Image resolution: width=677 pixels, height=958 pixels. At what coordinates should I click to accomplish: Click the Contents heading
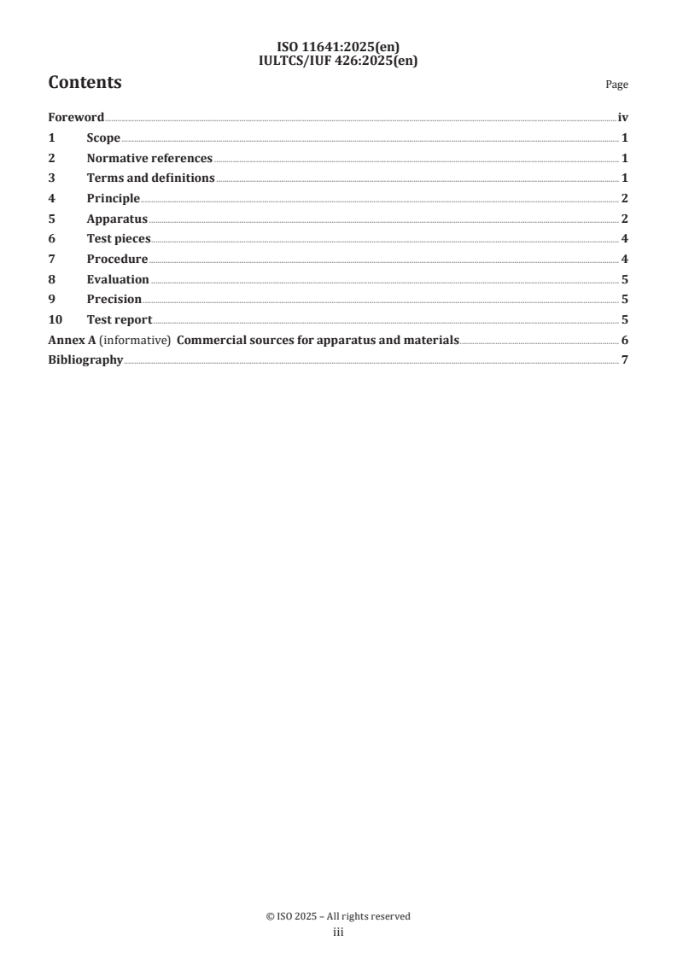[85, 83]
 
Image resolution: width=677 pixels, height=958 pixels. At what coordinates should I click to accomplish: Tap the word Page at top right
[616, 85]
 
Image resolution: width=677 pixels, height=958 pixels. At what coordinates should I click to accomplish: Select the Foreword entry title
[76, 118]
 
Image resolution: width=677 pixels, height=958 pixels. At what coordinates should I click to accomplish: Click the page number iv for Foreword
[622, 118]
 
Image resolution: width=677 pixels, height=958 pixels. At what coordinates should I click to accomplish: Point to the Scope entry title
[103, 138]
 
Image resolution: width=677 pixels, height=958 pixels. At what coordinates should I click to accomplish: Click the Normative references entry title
[149, 158]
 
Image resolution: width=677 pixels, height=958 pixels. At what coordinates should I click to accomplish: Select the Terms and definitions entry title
[150, 178]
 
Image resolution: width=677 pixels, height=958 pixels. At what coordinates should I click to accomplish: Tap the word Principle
[113, 199]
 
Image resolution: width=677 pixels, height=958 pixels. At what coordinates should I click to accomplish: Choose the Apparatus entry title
[117, 219]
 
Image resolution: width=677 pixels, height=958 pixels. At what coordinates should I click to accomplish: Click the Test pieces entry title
[118, 239]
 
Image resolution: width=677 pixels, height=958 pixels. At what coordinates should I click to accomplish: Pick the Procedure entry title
[117, 260]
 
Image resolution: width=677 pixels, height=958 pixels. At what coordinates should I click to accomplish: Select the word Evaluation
[118, 279]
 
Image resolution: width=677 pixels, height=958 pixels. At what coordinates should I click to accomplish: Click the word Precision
[114, 300]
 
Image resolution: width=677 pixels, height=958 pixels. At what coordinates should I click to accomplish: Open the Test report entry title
[120, 320]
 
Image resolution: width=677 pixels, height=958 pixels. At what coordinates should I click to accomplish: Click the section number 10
[55, 320]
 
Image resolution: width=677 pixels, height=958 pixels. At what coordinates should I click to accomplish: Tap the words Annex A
[71, 341]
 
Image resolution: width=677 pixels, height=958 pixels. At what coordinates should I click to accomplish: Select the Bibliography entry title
[85, 360]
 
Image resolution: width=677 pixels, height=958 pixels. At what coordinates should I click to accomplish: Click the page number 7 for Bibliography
[625, 360]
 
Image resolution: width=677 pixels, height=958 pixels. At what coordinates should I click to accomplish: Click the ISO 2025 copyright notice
[338, 916]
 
